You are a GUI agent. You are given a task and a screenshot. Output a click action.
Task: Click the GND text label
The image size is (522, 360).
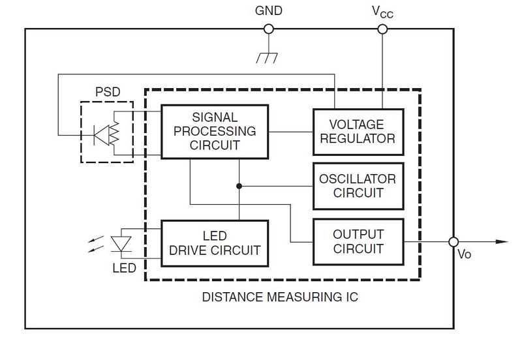(269, 11)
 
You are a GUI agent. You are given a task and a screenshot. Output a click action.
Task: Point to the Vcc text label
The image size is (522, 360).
(382, 12)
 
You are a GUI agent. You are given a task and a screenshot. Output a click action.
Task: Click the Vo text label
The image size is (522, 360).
(465, 254)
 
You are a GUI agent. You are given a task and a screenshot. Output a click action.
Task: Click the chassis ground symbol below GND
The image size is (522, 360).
(267, 58)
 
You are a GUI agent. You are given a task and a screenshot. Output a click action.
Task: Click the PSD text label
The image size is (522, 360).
(108, 92)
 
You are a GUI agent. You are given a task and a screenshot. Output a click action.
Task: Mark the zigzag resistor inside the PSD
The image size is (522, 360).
(114, 133)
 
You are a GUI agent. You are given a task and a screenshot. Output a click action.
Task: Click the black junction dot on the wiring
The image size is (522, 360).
(239, 186)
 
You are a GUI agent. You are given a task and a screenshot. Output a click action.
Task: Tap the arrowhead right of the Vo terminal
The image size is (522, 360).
(502, 242)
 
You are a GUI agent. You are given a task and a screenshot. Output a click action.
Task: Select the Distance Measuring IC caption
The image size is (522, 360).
(280, 297)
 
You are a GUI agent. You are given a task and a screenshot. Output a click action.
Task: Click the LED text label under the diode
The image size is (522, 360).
(124, 268)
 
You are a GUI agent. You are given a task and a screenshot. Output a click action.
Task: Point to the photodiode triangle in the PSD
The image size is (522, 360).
(102, 135)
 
